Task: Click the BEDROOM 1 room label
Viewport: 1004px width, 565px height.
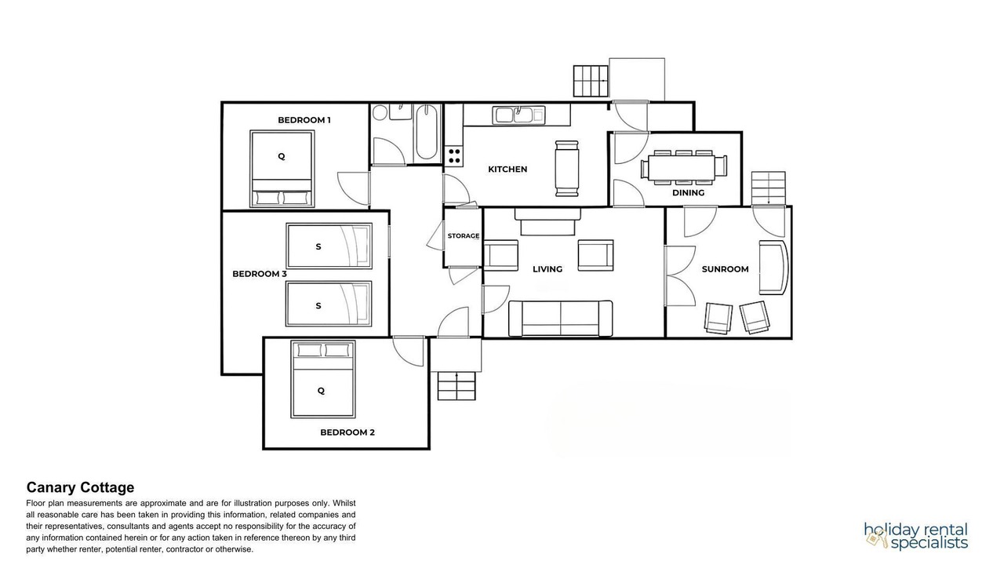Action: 304,120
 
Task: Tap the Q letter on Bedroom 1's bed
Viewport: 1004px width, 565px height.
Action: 282,156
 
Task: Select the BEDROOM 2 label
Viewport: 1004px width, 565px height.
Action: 347,432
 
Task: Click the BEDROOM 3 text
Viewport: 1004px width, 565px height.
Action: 260,274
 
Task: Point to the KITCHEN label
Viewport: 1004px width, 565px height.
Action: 507,169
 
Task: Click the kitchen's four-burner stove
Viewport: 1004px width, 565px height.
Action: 454,156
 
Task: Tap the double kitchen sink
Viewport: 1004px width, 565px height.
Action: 518,115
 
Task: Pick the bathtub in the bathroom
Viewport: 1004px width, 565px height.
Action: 426,132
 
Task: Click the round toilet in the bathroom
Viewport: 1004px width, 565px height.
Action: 380,112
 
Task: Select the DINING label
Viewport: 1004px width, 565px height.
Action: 688,193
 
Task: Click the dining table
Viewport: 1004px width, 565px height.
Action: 682,168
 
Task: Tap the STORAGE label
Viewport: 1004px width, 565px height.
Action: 464,236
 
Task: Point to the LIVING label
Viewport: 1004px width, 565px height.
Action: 547,269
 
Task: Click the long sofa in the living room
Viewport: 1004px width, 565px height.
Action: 561,319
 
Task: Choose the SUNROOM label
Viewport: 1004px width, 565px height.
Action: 725,269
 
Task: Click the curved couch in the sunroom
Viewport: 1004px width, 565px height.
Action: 773,268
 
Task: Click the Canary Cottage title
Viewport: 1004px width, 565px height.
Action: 80,487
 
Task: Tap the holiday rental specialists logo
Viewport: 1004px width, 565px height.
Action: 916,536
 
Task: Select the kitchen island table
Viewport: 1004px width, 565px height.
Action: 566,169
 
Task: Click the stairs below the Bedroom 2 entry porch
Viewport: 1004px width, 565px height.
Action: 457,386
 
